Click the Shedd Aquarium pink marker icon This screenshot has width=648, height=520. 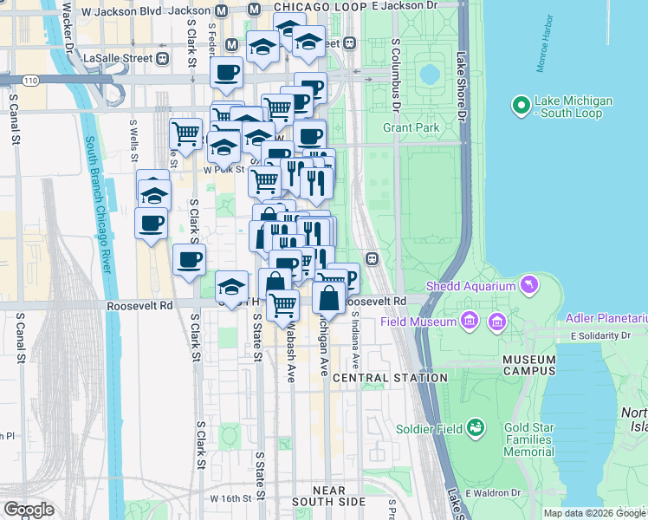(528, 285)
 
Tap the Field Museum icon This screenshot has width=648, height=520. (470, 322)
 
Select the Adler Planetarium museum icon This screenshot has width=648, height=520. (497, 322)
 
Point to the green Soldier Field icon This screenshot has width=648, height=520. (475, 427)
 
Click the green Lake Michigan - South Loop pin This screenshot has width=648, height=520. (521, 106)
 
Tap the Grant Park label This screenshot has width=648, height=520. (412, 127)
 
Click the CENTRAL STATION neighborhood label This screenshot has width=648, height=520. (390, 378)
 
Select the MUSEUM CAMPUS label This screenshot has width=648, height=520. (529, 366)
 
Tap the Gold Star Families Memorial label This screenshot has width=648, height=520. (541, 439)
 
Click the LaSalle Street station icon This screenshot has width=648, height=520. (161, 58)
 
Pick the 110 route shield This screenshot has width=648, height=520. (31, 80)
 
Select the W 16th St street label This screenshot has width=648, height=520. (236, 499)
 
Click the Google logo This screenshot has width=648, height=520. (28, 510)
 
